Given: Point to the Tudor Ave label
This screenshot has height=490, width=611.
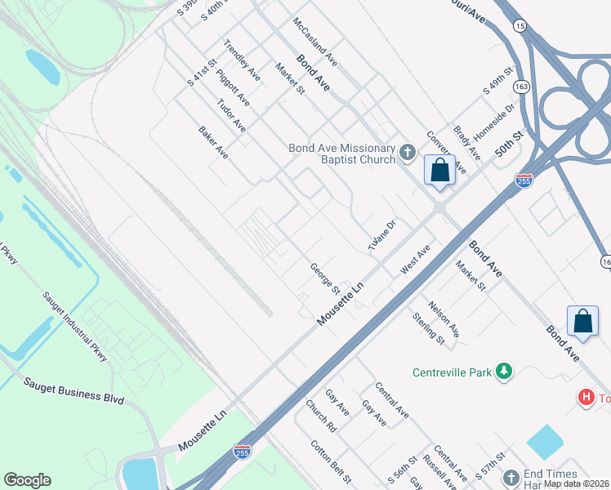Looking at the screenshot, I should pyautogui.click(x=231, y=116).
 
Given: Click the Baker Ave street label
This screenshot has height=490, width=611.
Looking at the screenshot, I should pyautogui.click(x=213, y=142).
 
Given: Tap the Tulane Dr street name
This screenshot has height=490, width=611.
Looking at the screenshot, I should pyautogui.click(x=381, y=235).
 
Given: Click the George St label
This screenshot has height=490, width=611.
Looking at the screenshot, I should pyautogui.click(x=325, y=278).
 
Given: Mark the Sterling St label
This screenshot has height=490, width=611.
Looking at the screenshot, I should pyautogui.click(x=428, y=327).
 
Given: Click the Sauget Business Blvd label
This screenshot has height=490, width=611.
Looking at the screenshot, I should pyautogui.click(x=74, y=391).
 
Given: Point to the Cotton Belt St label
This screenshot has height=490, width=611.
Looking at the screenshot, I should pyautogui.click(x=331, y=461).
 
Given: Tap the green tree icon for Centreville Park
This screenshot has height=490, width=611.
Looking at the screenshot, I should pyautogui.click(x=505, y=372).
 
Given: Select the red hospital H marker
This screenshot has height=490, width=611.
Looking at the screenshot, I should pyautogui.click(x=586, y=398).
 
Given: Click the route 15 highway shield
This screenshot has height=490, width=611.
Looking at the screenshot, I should pyautogui.click(x=520, y=26).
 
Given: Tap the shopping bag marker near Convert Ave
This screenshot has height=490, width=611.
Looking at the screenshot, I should pyautogui.click(x=439, y=171).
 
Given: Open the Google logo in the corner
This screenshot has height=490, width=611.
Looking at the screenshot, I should pyautogui.click(x=27, y=480).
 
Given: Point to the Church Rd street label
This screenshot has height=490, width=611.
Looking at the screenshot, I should pyautogui.click(x=321, y=416).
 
